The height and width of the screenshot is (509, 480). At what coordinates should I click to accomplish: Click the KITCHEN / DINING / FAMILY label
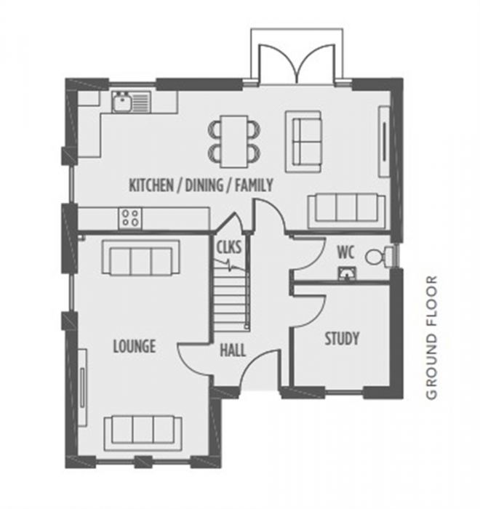[201, 185]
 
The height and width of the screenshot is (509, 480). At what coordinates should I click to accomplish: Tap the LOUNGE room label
[134, 346]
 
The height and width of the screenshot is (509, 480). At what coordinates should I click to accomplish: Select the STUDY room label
[342, 338]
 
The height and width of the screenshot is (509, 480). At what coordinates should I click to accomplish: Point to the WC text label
[345, 253]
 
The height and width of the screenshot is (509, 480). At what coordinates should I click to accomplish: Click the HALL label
[232, 350]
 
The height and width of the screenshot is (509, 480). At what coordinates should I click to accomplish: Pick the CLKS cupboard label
[228, 247]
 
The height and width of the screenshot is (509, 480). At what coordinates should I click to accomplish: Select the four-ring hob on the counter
[130, 217]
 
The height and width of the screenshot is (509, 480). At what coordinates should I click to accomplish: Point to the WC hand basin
[348, 273]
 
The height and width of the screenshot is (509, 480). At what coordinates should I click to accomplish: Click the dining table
[234, 140]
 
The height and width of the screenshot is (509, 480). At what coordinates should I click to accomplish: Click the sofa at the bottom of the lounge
[143, 433]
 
